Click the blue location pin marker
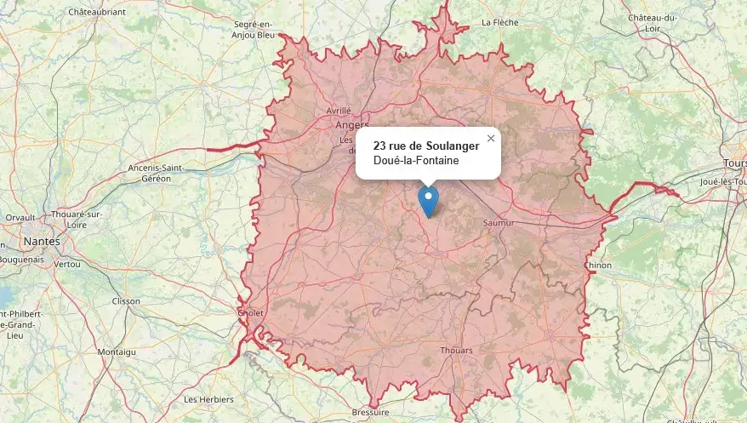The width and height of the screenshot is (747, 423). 428,201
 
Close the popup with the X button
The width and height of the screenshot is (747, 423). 490,138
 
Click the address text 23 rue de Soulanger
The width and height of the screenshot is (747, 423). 425,146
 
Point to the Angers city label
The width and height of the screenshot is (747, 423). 352,124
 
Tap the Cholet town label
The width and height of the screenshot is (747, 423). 253,313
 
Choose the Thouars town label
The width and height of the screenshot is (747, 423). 456,351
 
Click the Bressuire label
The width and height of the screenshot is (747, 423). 370,412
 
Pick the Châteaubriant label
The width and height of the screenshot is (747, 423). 97,12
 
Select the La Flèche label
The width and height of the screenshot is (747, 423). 500,22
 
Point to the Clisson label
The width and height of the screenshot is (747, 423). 126,301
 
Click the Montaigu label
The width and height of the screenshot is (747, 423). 117,352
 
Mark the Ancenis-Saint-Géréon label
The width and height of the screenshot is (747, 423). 156,174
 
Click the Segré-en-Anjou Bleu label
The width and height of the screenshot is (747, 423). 254,30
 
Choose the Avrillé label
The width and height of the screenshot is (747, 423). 339,111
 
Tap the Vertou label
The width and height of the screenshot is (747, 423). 66,265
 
